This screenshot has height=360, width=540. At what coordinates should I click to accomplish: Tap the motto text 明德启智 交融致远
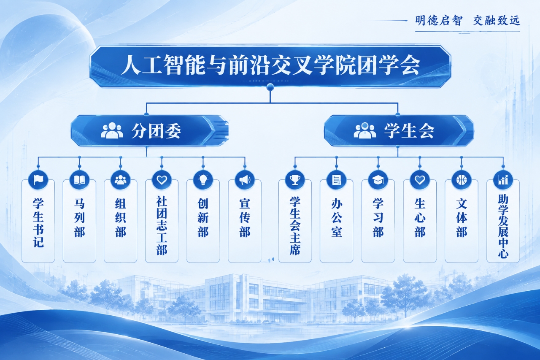[467, 21]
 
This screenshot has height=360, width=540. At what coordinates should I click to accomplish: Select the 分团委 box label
[156, 131]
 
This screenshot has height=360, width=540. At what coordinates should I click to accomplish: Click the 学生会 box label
[409, 131]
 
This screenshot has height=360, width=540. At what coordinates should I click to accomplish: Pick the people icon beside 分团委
[112, 130]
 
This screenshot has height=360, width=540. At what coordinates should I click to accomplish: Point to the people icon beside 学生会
[365, 130]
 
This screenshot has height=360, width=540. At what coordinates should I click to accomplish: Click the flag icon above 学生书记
[38, 180]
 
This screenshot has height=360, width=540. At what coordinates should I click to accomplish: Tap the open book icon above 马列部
[79, 180]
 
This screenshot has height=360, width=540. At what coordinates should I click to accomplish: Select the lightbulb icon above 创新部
[203, 180]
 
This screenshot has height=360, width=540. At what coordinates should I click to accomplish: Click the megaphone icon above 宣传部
[245, 180]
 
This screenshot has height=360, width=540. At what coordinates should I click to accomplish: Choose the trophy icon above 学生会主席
[295, 180]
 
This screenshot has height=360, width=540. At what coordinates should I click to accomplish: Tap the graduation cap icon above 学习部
[378, 180]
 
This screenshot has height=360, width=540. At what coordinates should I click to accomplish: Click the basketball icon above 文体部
[462, 180]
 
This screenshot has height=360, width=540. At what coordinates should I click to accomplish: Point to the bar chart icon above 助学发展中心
[503, 180]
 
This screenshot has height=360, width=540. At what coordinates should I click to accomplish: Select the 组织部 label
[121, 218]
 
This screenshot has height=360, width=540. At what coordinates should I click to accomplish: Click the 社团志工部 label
[162, 225]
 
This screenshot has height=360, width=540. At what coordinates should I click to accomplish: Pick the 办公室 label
[337, 218]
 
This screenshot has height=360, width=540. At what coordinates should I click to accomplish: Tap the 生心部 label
[420, 218]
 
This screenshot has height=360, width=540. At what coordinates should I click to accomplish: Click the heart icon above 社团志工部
[162, 180]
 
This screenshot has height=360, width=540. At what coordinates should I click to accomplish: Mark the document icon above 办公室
[337, 180]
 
